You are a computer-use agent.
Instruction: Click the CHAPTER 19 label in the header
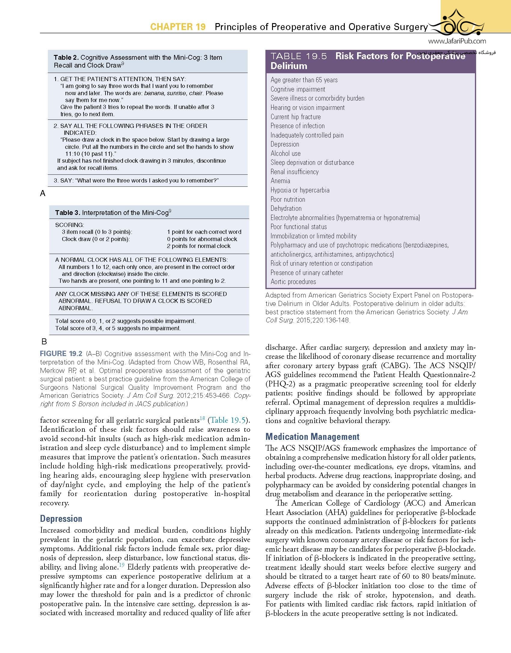(178, 27)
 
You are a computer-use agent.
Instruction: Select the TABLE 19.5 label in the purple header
(299, 56)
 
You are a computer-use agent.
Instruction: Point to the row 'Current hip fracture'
(295, 117)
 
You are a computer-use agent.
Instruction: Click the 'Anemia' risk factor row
(280, 181)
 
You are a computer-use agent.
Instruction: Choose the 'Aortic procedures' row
(293, 282)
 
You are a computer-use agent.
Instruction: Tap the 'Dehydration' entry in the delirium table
(286, 208)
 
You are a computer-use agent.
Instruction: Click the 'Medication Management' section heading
(312, 437)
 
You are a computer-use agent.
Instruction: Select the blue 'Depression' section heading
(61, 518)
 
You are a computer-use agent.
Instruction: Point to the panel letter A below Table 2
(43, 194)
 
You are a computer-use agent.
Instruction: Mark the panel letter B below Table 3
(44, 342)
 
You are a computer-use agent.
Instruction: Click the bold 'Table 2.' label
(66, 58)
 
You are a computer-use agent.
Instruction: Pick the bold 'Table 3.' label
(68, 213)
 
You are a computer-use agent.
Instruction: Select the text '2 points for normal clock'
(199, 246)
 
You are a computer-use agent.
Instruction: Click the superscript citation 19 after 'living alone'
(121, 565)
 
